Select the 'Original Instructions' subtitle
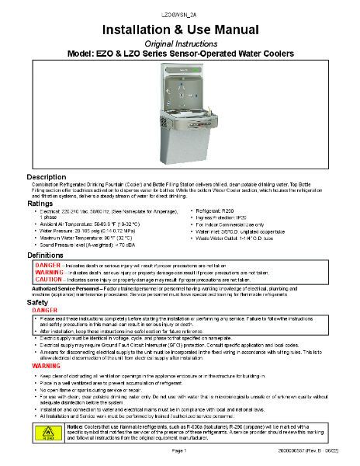pyautogui.click(x=180, y=43)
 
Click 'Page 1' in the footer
pyautogui.click(x=180, y=450)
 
